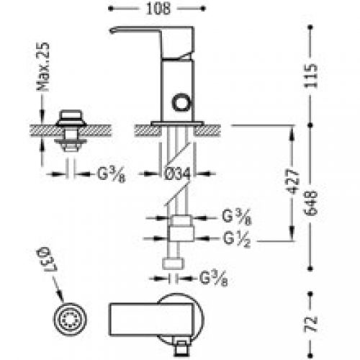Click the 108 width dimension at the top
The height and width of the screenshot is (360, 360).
(x=158, y=9)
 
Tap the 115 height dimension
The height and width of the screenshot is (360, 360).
(x=310, y=76)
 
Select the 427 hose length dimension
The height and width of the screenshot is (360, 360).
(x=292, y=181)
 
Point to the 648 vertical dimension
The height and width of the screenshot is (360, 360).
(x=310, y=203)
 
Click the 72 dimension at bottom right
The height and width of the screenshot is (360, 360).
(x=310, y=325)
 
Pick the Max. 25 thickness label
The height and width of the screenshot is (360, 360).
(x=43, y=67)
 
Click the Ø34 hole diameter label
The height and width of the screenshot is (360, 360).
(x=177, y=174)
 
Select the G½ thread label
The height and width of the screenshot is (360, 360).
(x=237, y=239)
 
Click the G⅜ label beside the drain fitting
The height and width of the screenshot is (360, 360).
(x=112, y=174)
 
